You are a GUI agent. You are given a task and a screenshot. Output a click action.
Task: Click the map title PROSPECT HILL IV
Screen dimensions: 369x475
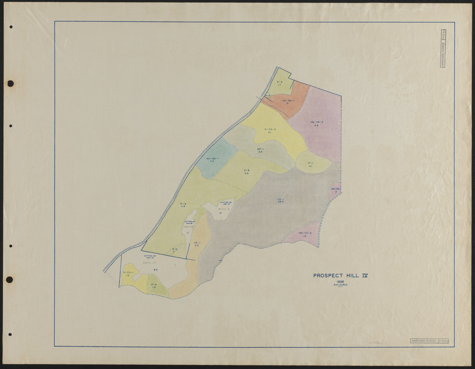pyautogui.click(x=340, y=276)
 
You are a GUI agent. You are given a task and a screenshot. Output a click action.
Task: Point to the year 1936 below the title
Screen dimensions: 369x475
pyautogui.click(x=340, y=281)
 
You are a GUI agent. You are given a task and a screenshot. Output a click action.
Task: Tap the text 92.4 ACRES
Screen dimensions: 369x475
pyautogui.click(x=340, y=285)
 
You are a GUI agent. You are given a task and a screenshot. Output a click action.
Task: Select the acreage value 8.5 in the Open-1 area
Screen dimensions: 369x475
pyautogui.click(x=155, y=269)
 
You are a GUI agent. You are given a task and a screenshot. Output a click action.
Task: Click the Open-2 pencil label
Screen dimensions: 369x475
pyautogui.click(x=188, y=227)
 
